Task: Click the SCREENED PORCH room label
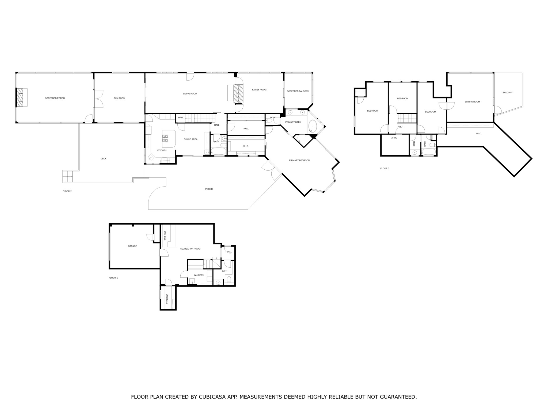pyautogui.click(x=55, y=98)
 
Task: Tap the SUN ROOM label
pyautogui.click(x=119, y=98)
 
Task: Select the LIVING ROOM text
pyautogui.click(x=190, y=94)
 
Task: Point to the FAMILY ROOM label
pyautogui.click(x=259, y=90)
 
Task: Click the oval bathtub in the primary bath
pyautogui.click(x=313, y=126)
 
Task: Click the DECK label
pyautogui.click(x=104, y=159)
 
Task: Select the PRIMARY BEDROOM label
pyautogui.click(x=299, y=161)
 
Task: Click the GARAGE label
pyautogui.click(x=132, y=246)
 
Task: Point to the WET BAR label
pyautogui.click(x=165, y=235)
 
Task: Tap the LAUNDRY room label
pyautogui.click(x=199, y=275)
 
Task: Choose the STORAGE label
pyautogui.click(x=167, y=299)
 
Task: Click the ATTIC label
pyautogui.click(x=394, y=138)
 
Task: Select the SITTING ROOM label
pyautogui.click(x=472, y=102)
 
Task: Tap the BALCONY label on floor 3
pyautogui.click(x=508, y=93)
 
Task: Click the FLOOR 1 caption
pyautogui.click(x=113, y=278)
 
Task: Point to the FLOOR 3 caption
pyautogui.click(x=385, y=168)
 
